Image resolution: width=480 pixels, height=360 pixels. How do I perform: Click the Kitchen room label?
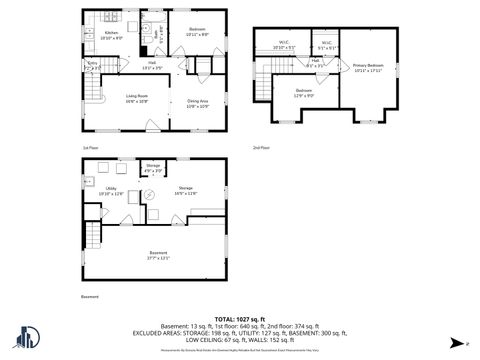tap(111, 35)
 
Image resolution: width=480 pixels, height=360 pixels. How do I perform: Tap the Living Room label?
tap(137, 99)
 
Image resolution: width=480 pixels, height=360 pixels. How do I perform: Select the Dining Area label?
tap(197, 103)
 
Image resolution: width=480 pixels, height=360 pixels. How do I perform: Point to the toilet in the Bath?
tap(146, 49)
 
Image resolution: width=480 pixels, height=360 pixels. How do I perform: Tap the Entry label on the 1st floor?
tap(94, 69)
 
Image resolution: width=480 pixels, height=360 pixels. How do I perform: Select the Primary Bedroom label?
tap(368, 68)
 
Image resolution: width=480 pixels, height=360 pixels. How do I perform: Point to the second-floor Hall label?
tap(315, 64)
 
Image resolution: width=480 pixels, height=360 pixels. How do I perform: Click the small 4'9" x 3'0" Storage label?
tap(153, 167)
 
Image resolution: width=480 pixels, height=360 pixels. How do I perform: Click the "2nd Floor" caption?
tap(260, 147)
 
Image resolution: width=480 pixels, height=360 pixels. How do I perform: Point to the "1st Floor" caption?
tap(90, 147)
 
